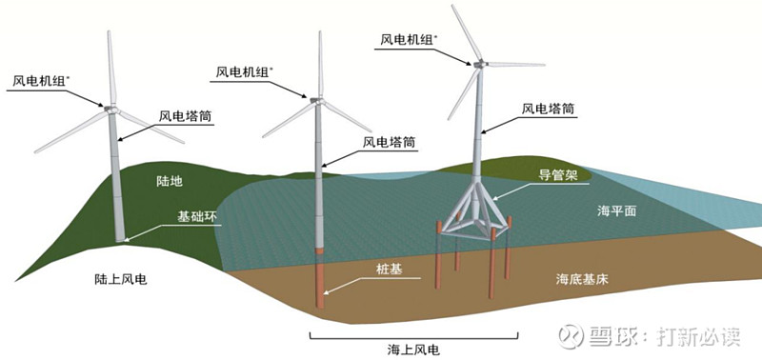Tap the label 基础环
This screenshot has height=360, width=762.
[198, 217]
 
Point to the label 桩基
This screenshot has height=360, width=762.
[390, 270]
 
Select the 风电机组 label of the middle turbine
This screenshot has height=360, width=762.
[244, 71]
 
